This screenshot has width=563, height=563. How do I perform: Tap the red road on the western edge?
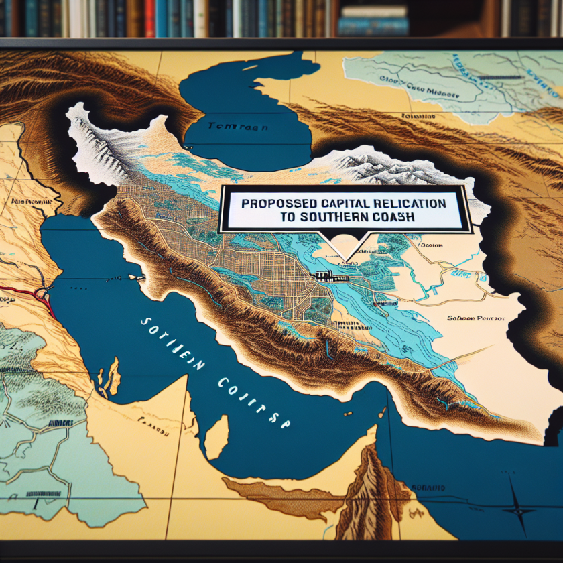pyautogui.click(x=27, y=292)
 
